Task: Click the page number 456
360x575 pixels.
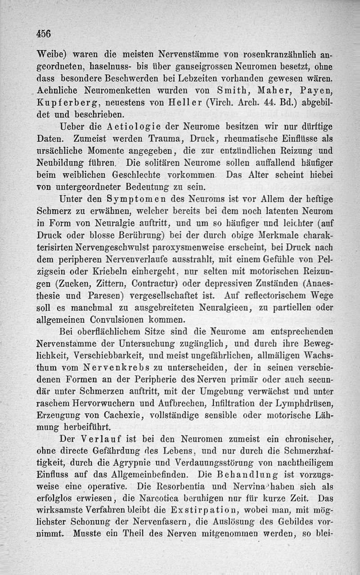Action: coord(44,33)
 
